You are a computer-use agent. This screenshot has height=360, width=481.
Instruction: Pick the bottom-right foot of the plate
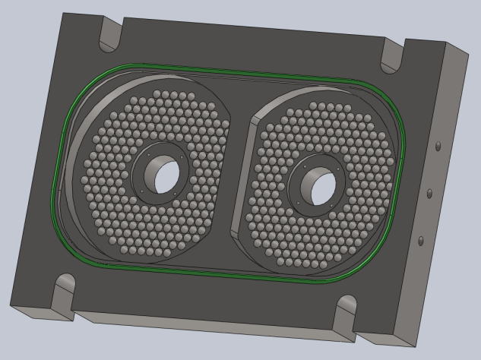[380, 334]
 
